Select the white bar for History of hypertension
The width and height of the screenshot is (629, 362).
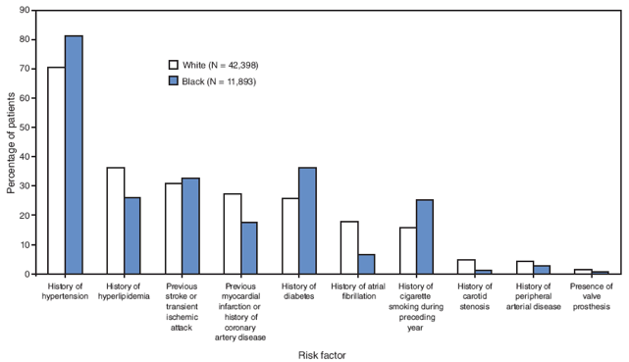(57, 171)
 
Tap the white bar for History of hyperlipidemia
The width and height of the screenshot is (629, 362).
(115, 221)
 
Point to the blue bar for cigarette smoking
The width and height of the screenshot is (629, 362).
(424, 236)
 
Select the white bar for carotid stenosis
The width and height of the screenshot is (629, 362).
(465, 267)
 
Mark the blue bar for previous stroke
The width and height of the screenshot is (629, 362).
(190, 226)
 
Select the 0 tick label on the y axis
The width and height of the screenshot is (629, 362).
(26, 275)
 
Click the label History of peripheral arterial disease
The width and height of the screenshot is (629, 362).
(532, 295)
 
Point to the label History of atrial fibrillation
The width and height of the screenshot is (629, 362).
(358, 290)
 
